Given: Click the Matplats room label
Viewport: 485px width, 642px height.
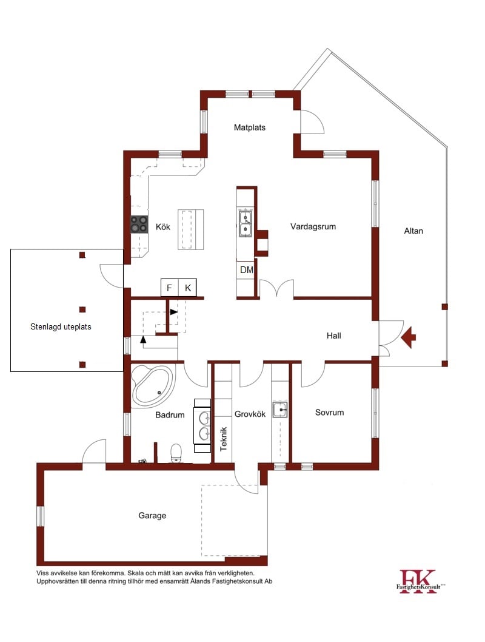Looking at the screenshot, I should [250, 127].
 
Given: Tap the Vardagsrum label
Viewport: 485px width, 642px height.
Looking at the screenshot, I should [313, 226].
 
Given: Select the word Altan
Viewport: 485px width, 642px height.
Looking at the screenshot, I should [413, 231].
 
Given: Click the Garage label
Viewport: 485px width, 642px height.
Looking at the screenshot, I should [152, 516].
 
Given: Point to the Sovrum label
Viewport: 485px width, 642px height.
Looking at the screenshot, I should [329, 413].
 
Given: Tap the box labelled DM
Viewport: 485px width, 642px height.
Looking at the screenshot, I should [246, 270].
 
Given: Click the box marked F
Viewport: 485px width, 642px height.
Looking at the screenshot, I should [170, 288].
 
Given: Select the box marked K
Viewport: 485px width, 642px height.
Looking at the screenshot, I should [188, 288].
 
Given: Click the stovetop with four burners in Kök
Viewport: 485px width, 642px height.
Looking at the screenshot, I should [139, 225].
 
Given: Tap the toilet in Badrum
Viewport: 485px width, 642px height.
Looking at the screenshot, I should [176, 453].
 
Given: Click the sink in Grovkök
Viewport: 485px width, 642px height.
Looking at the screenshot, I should [280, 410].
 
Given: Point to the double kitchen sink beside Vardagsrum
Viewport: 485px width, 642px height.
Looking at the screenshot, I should [246, 222].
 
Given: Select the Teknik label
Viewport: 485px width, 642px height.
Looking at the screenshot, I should [224, 439].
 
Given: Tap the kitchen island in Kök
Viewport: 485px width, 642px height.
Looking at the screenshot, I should [190, 229].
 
